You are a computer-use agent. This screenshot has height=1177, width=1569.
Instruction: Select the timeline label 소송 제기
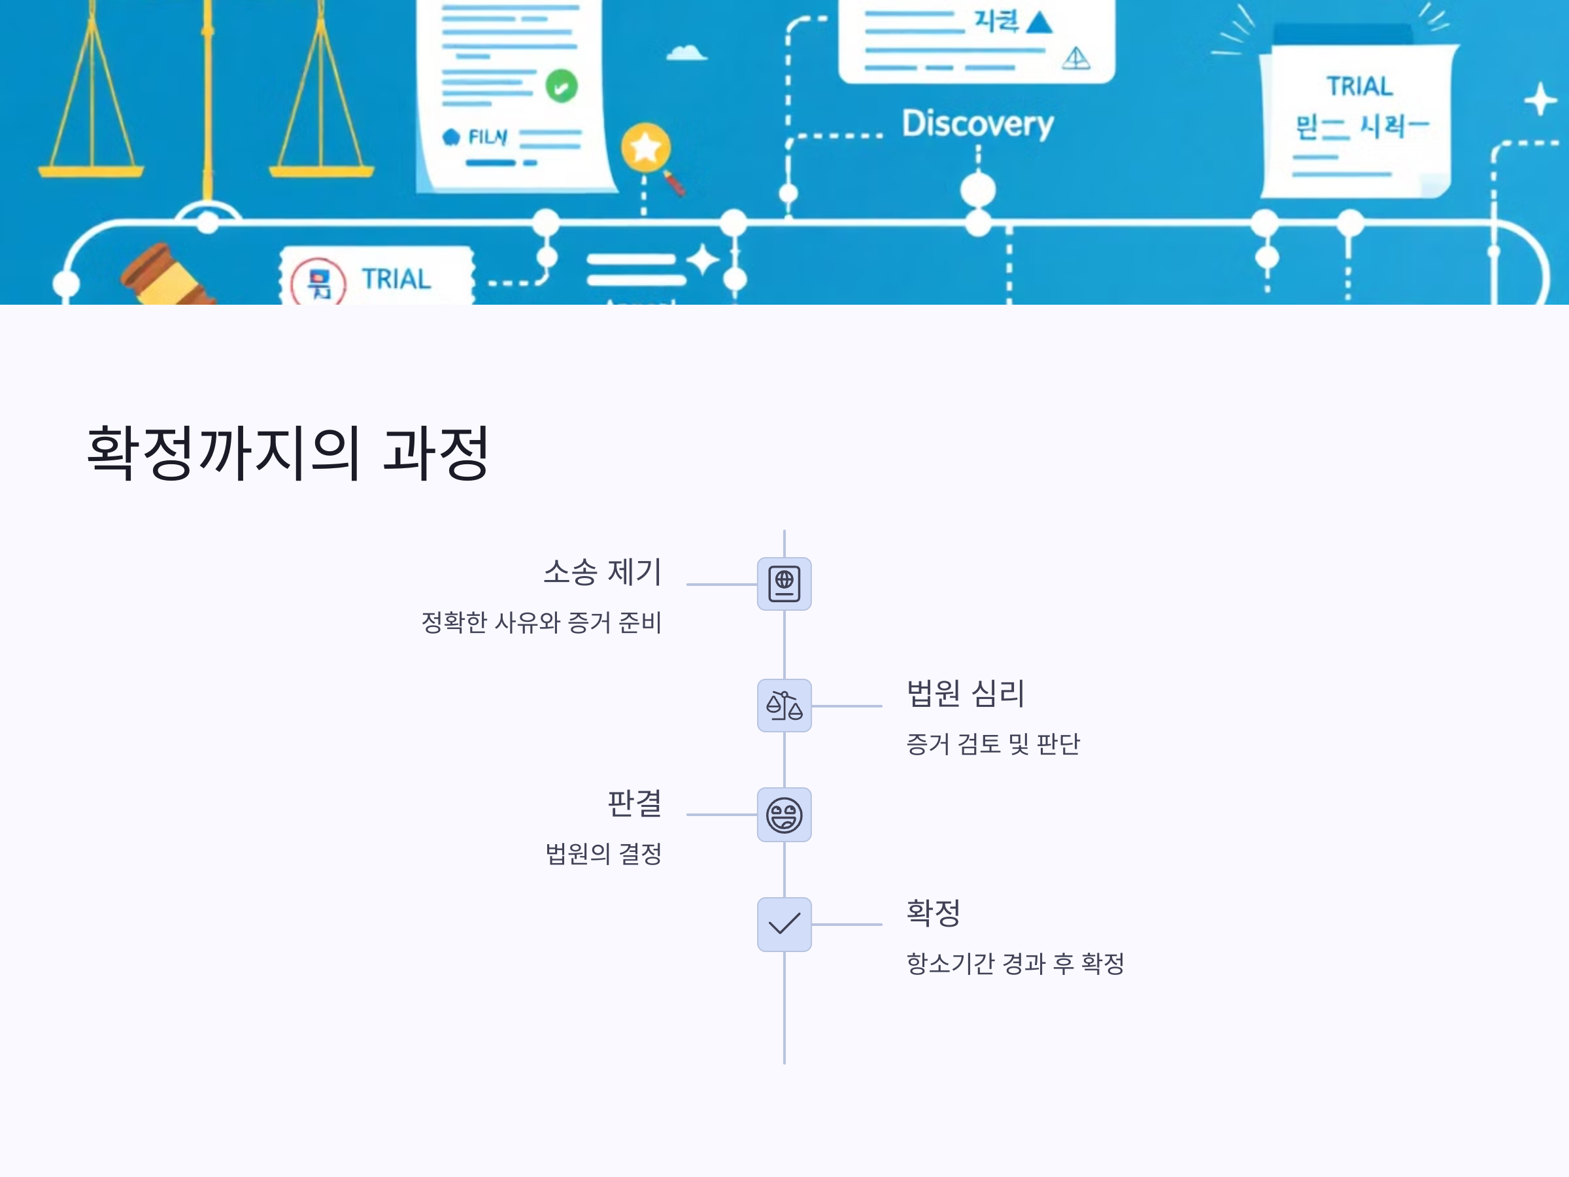click(x=602, y=572)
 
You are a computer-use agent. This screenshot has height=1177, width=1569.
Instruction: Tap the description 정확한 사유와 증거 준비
click(x=541, y=623)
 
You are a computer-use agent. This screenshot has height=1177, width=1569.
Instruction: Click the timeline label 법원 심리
click(x=966, y=693)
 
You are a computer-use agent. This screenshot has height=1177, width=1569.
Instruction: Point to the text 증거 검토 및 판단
click(x=992, y=743)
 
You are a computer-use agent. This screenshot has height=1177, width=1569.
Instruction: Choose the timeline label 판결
click(x=634, y=803)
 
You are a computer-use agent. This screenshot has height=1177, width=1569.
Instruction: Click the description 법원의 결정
click(x=603, y=853)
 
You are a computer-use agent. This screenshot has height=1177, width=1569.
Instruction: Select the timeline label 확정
click(x=934, y=912)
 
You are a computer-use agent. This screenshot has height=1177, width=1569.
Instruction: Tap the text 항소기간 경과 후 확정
click(x=1015, y=963)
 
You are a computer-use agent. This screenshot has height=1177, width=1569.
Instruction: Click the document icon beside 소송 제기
click(x=784, y=584)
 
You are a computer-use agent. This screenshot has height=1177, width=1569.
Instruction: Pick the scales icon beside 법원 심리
click(x=784, y=705)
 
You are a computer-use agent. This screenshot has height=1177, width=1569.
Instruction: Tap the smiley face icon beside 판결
click(x=784, y=815)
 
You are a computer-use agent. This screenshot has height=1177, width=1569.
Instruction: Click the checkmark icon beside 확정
click(x=784, y=924)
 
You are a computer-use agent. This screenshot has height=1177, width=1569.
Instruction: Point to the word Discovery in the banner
click(x=977, y=124)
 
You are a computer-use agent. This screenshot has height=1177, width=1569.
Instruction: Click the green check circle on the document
click(x=561, y=86)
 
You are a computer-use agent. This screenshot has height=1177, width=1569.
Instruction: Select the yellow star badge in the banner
click(x=645, y=148)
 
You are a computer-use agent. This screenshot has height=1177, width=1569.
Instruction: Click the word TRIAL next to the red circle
click(x=396, y=279)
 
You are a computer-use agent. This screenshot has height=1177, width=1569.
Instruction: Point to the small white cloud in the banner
click(x=686, y=52)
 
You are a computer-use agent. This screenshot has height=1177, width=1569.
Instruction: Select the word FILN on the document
click(x=487, y=136)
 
